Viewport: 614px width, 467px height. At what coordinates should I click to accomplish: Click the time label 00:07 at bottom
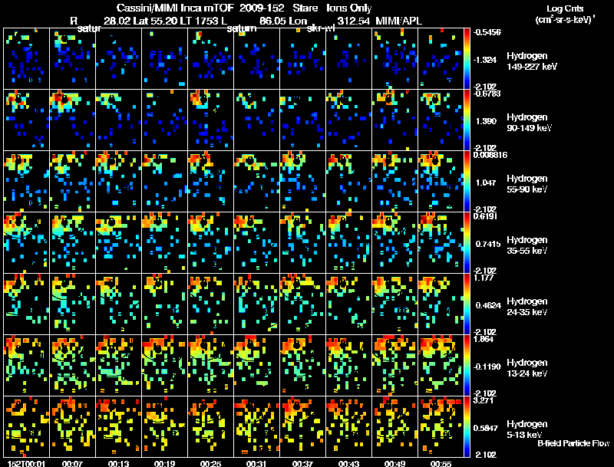(x=74, y=463)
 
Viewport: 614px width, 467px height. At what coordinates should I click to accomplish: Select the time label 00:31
(x=256, y=463)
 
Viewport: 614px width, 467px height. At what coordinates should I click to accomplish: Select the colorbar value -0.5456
(x=488, y=33)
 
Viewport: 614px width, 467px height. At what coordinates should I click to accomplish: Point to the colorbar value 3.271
(x=486, y=400)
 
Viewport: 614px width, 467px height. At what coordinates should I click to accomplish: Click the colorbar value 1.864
(x=486, y=339)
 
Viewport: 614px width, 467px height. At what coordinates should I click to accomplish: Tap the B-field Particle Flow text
(x=573, y=444)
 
